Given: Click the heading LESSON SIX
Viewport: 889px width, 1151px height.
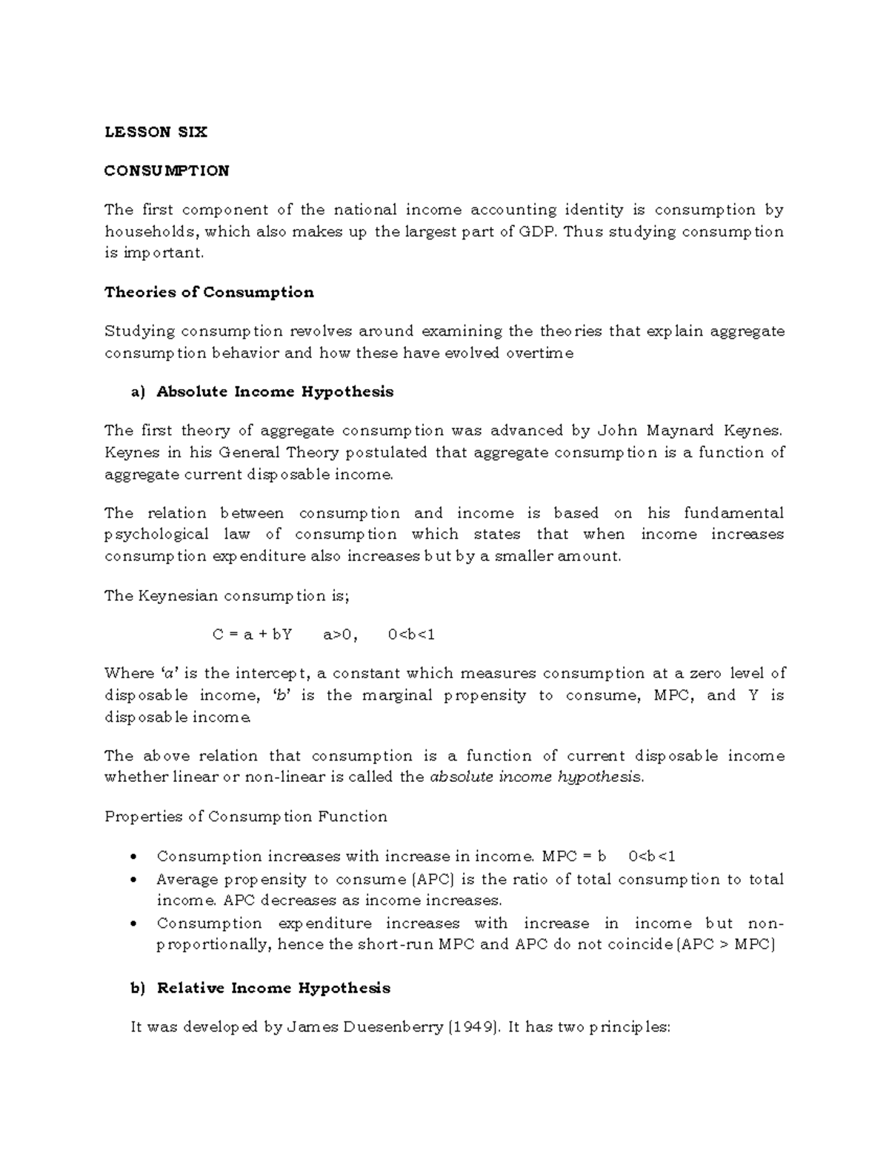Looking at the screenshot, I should [x=156, y=132].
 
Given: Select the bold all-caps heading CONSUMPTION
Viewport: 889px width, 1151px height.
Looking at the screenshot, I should [x=167, y=171].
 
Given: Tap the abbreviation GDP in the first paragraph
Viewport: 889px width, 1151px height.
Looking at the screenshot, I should [x=538, y=231].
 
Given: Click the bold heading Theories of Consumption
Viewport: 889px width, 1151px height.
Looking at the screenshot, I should [x=209, y=292].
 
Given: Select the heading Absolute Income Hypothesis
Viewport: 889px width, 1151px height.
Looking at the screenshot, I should [x=275, y=391].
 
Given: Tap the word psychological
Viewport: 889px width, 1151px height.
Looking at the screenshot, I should [x=156, y=534].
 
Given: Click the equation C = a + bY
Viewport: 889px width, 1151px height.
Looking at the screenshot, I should [x=252, y=634].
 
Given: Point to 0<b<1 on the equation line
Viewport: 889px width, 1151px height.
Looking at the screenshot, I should [x=411, y=634].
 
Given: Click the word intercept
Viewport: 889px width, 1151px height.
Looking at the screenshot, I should [x=274, y=674].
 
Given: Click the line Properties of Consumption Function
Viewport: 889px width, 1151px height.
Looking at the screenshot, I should [x=246, y=817].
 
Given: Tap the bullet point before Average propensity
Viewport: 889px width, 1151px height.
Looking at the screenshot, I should [x=133, y=880].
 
